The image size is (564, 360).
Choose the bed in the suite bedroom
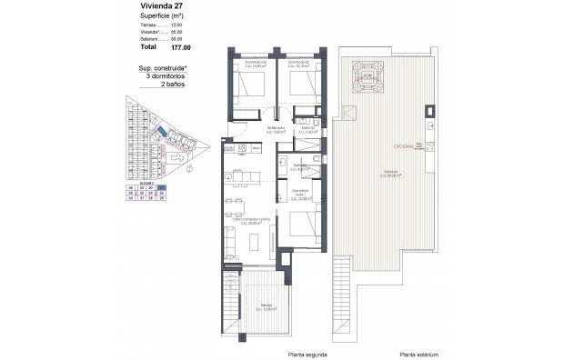(302, 223)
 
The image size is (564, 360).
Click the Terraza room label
(265, 305)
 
